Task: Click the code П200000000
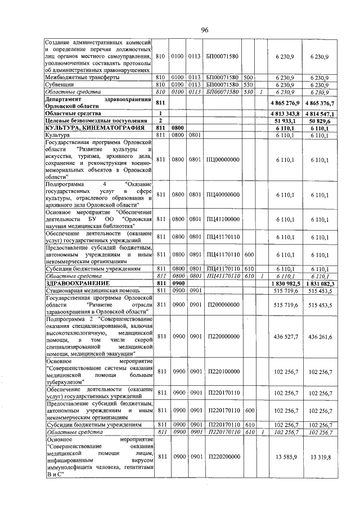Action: point(223,304)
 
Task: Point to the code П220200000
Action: point(223,457)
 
